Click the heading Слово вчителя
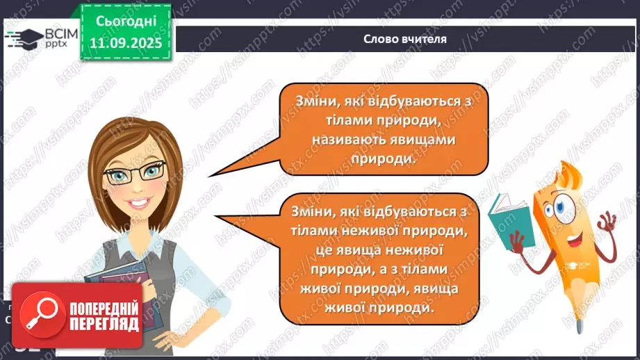pos(404,39)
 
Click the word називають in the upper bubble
pos(348,140)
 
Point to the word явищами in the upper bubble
pos(425,140)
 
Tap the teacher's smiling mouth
pos(138,202)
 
